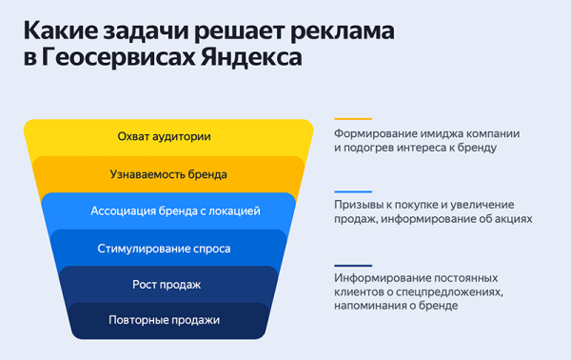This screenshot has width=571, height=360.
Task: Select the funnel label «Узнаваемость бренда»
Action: [x=168, y=174]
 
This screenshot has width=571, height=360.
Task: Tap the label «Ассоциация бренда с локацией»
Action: [x=175, y=210]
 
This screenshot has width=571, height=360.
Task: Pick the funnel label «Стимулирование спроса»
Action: [x=164, y=249]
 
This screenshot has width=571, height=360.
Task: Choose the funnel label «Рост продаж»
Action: [x=167, y=285]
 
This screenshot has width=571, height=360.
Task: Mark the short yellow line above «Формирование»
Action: [x=353, y=118]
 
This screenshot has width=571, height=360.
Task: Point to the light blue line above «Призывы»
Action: [x=353, y=191]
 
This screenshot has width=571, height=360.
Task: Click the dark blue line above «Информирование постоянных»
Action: [x=353, y=264]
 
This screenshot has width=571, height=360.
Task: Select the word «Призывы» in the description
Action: [x=357, y=205]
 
